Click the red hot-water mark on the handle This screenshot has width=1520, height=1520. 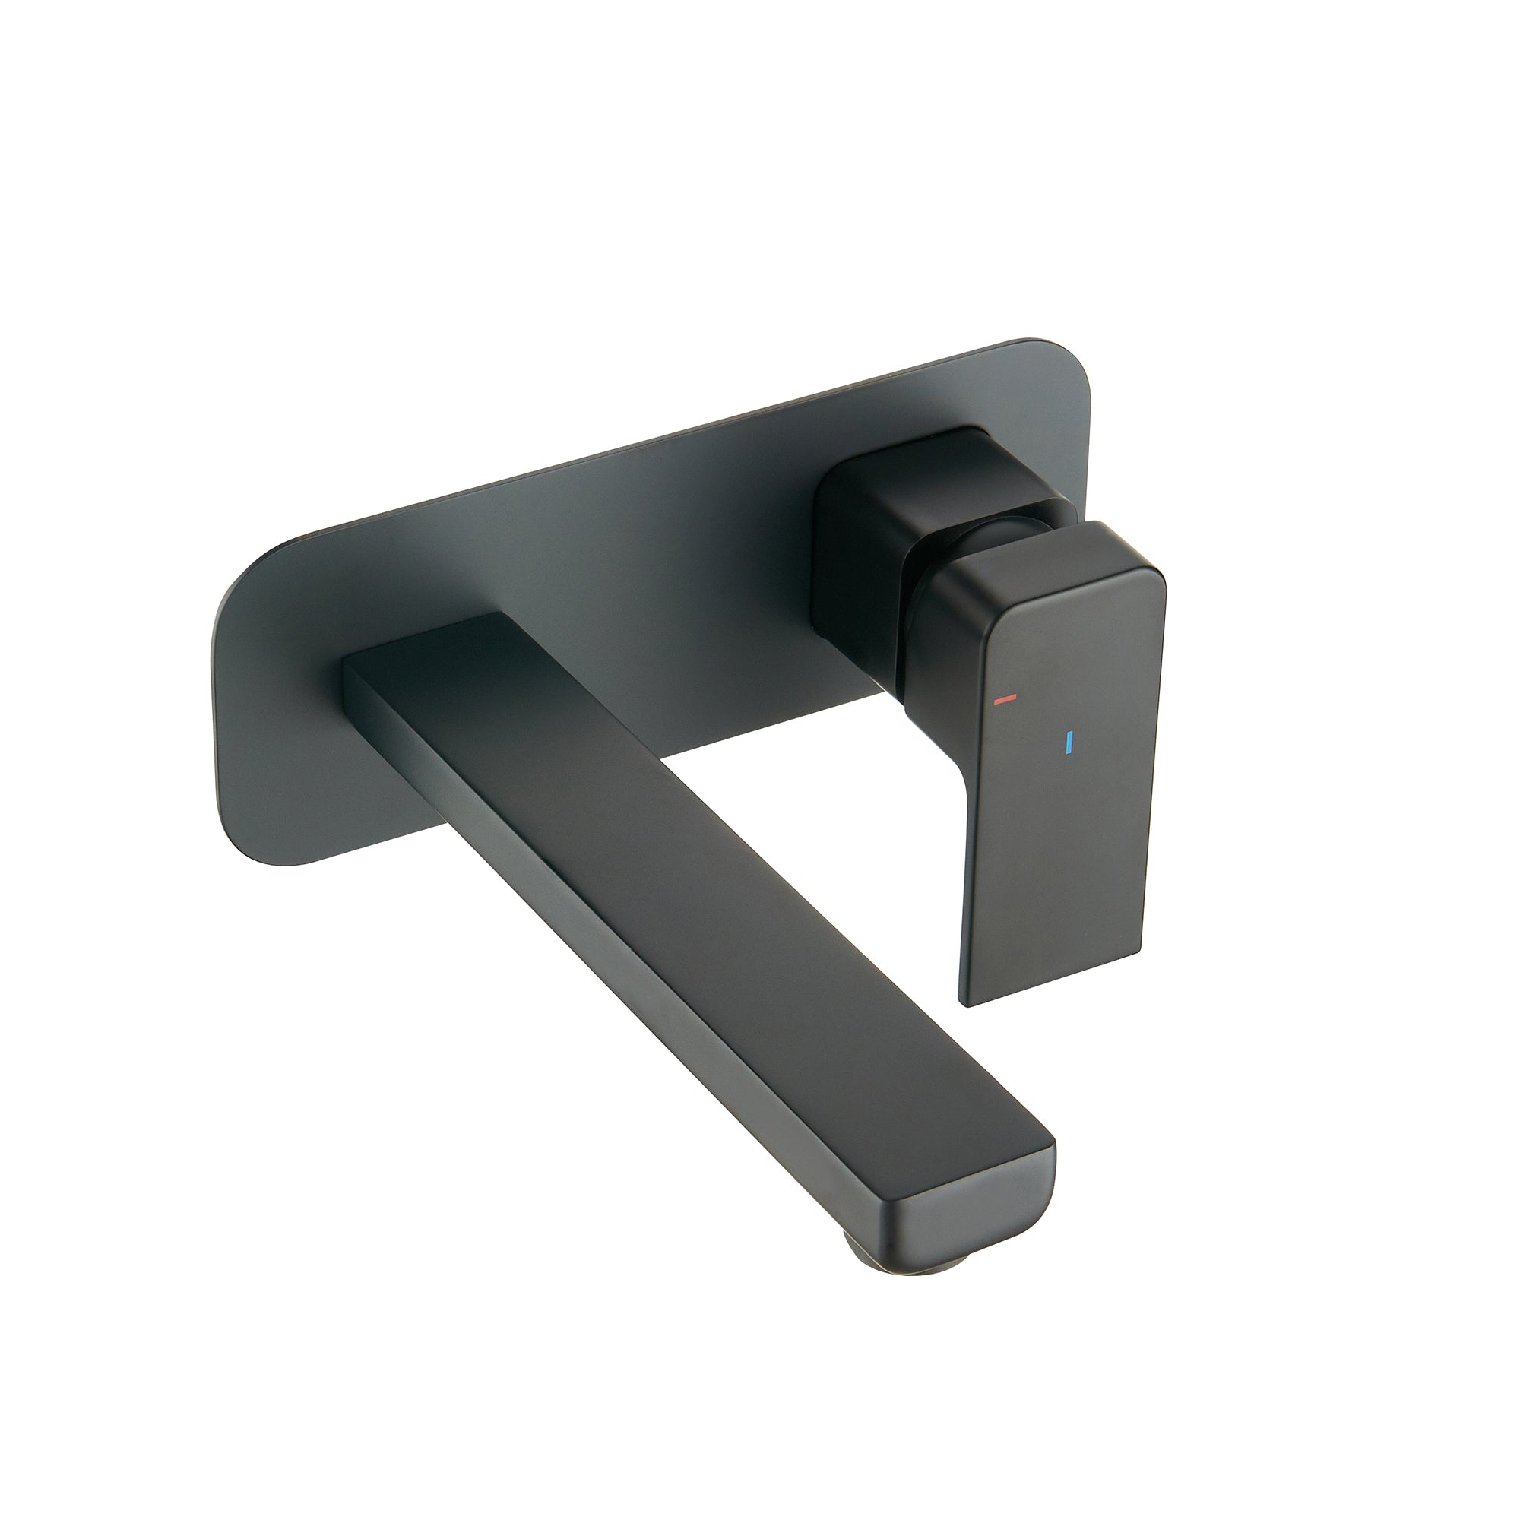pyautogui.click(x=1005, y=698)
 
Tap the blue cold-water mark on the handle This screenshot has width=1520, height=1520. pyautogui.click(x=1069, y=743)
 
